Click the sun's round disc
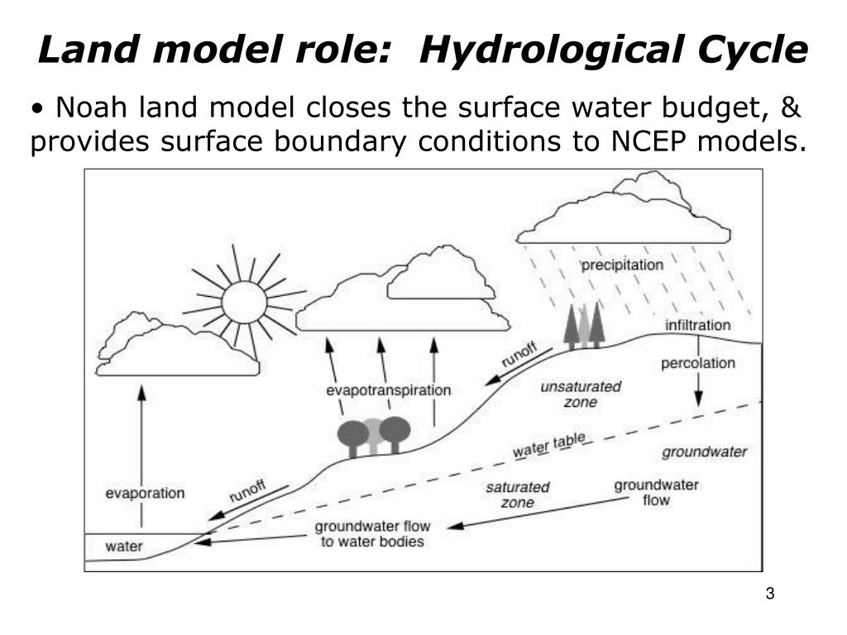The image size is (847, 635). click(245, 302)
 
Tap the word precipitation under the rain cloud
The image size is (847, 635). click(622, 265)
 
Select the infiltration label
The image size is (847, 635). click(698, 325)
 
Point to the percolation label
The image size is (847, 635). click(698, 363)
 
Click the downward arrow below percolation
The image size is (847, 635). click(699, 389)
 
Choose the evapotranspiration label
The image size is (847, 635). click(389, 390)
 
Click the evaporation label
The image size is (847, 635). click(145, 494)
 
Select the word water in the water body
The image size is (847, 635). click(123, 546)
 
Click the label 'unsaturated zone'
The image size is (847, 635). click(580, 394)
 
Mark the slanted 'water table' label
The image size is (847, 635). click(549, 446)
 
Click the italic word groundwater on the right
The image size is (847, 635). click(705, 452)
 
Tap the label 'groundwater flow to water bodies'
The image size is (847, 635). click(372, 534)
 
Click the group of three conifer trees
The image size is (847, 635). click(584, 325)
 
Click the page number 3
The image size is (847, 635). click(770, 594)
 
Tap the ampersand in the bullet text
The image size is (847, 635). click(792, 107)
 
